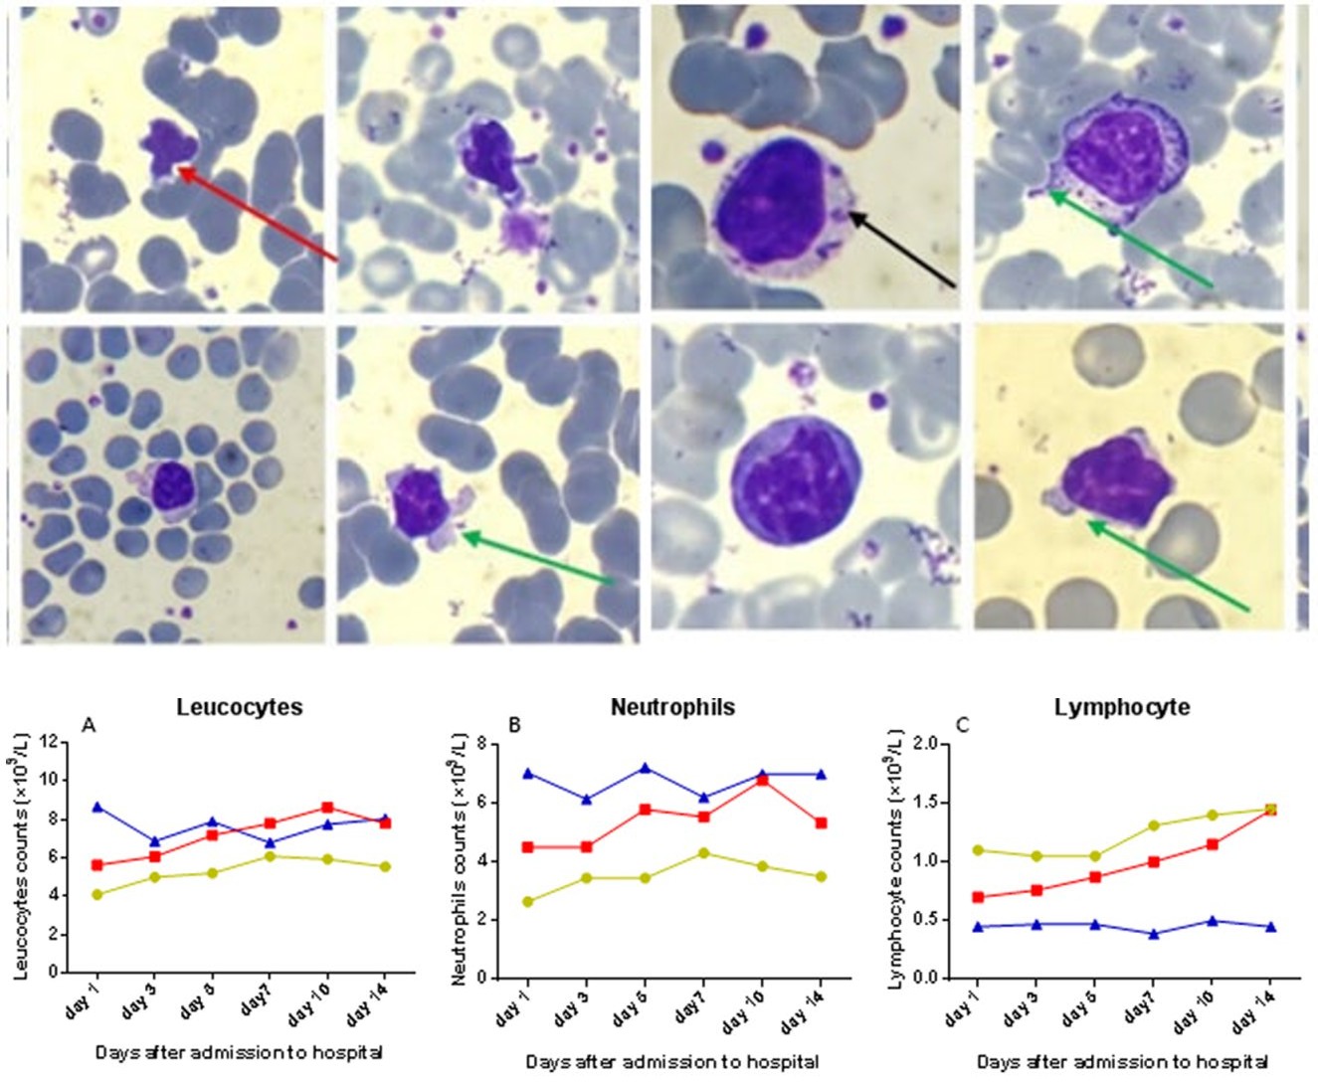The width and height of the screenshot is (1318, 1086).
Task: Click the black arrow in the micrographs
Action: coord(901,250)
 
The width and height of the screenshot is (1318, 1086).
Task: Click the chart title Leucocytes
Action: coord(240,707)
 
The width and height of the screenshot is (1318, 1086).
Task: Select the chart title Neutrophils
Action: coord(672,707)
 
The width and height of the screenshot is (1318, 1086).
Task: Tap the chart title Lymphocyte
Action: coord(1122,707)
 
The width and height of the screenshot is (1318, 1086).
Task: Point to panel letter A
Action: coord(89,726)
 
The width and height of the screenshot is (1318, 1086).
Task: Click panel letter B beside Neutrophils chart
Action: coord(514,726)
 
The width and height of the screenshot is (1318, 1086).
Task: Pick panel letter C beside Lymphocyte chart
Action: coord(963,726)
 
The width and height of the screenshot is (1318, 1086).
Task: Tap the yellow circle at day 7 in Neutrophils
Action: coord(704,853)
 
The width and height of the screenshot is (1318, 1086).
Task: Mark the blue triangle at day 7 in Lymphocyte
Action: coord(1154,934)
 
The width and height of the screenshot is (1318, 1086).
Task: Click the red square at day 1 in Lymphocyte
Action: coord(978,897)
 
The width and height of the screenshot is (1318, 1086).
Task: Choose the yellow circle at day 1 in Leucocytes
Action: coord(96,894)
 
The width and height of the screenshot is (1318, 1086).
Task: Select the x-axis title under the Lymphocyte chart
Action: coord(1122,1062)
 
